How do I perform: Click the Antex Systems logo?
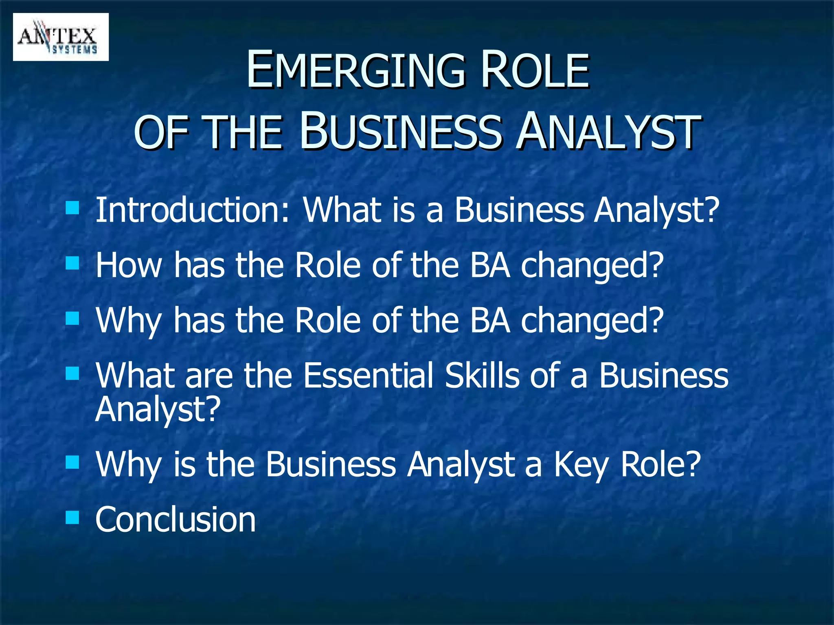pos(61,37)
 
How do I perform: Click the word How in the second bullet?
pos(129,265)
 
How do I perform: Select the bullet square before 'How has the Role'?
pos(72,263)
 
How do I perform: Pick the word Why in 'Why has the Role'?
pos(129,321)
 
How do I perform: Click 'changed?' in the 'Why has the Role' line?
pos(593,321)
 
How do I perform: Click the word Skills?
pos(482,375)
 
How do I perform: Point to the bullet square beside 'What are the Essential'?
pos(72,373)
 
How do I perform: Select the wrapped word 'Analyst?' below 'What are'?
pos(158,409)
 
